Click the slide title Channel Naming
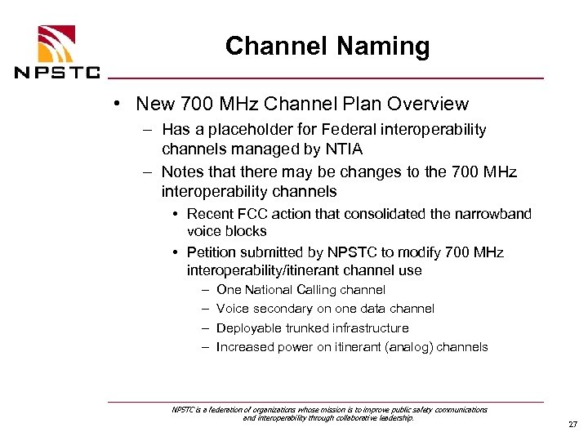327,47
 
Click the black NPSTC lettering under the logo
57,72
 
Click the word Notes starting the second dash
183,172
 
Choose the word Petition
212,252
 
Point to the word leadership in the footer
392,417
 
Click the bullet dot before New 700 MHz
118,104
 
